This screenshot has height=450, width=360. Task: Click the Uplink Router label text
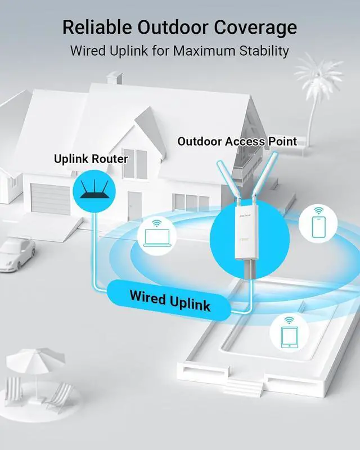coord(91,159)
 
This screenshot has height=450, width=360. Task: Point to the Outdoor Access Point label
coord(237,141)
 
